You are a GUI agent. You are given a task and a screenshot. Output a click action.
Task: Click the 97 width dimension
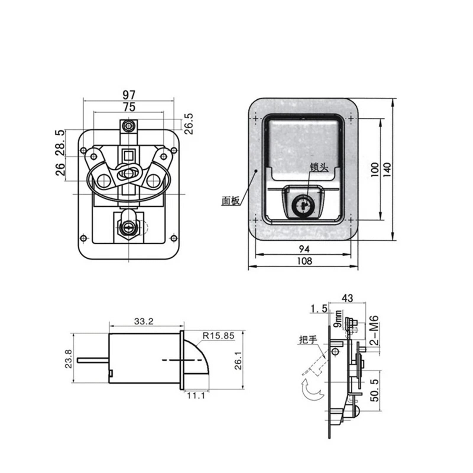click(129, 95)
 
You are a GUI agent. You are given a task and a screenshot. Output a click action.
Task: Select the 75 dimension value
click(129, 107)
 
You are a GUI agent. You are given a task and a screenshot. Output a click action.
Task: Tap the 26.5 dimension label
click(189, 124)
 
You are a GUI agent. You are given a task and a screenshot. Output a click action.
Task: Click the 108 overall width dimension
click(304, 261)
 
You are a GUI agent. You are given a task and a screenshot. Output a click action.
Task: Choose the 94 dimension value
click(304, 249)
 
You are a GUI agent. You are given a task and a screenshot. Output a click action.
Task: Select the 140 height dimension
click(387, 169)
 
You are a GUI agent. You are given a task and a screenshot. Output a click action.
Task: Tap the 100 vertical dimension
click(375, 169)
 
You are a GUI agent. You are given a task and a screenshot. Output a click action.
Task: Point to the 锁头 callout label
click(319, 168)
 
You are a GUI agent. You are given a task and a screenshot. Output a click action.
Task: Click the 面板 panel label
click(231, 201)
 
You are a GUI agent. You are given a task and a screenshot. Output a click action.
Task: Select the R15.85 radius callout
click(218, 336)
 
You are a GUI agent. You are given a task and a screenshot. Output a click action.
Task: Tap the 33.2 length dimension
click(144, 321)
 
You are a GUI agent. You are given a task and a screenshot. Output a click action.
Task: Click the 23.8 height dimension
click(68, 359)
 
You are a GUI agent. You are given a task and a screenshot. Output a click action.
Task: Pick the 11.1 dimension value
click(196, 396)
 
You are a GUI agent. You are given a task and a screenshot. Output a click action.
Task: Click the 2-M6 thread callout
click(374, 330)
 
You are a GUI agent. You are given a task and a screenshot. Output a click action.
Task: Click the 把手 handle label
click(308, 339)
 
